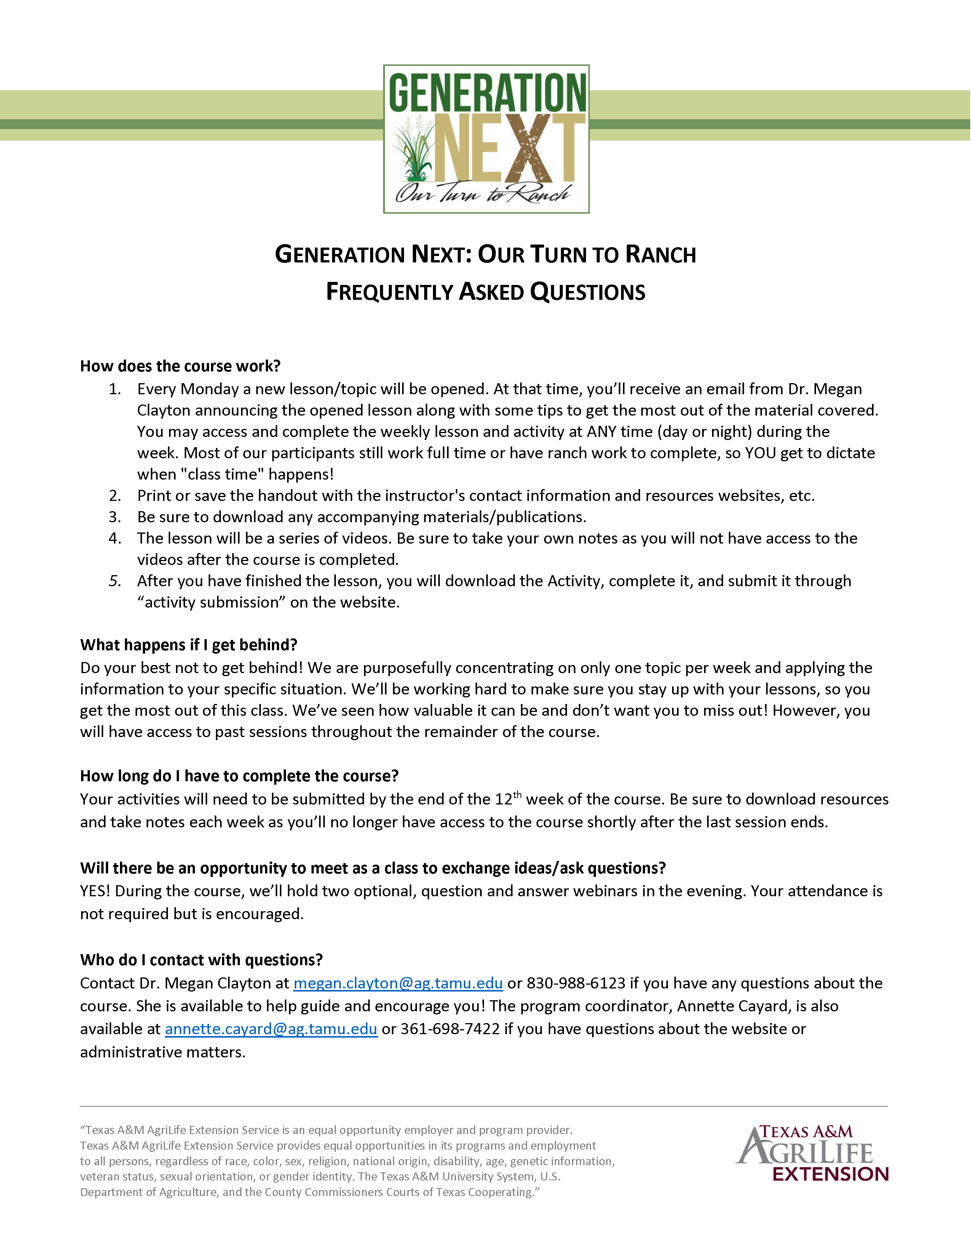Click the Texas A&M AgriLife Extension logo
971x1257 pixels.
pos(812,1153)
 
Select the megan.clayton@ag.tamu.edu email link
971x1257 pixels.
pos(398,983)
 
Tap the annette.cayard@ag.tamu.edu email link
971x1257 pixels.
pos(271,1029)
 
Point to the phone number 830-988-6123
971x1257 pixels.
pos(576,983)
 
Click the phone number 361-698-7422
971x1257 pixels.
pos(450,1029)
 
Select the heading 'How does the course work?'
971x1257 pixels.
pos(180,366)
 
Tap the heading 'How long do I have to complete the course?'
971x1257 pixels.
pos(239,776)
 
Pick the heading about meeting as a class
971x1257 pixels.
pos(373,868)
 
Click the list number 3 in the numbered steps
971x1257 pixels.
pos(115,517)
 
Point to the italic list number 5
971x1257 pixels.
pos(115,581)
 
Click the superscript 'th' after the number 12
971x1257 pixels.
pos(517,795)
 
